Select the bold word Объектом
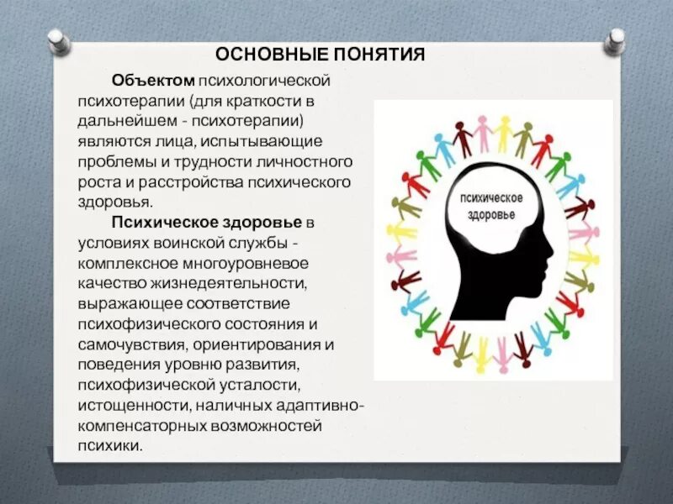[152, 81]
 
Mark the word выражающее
[125, 303]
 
